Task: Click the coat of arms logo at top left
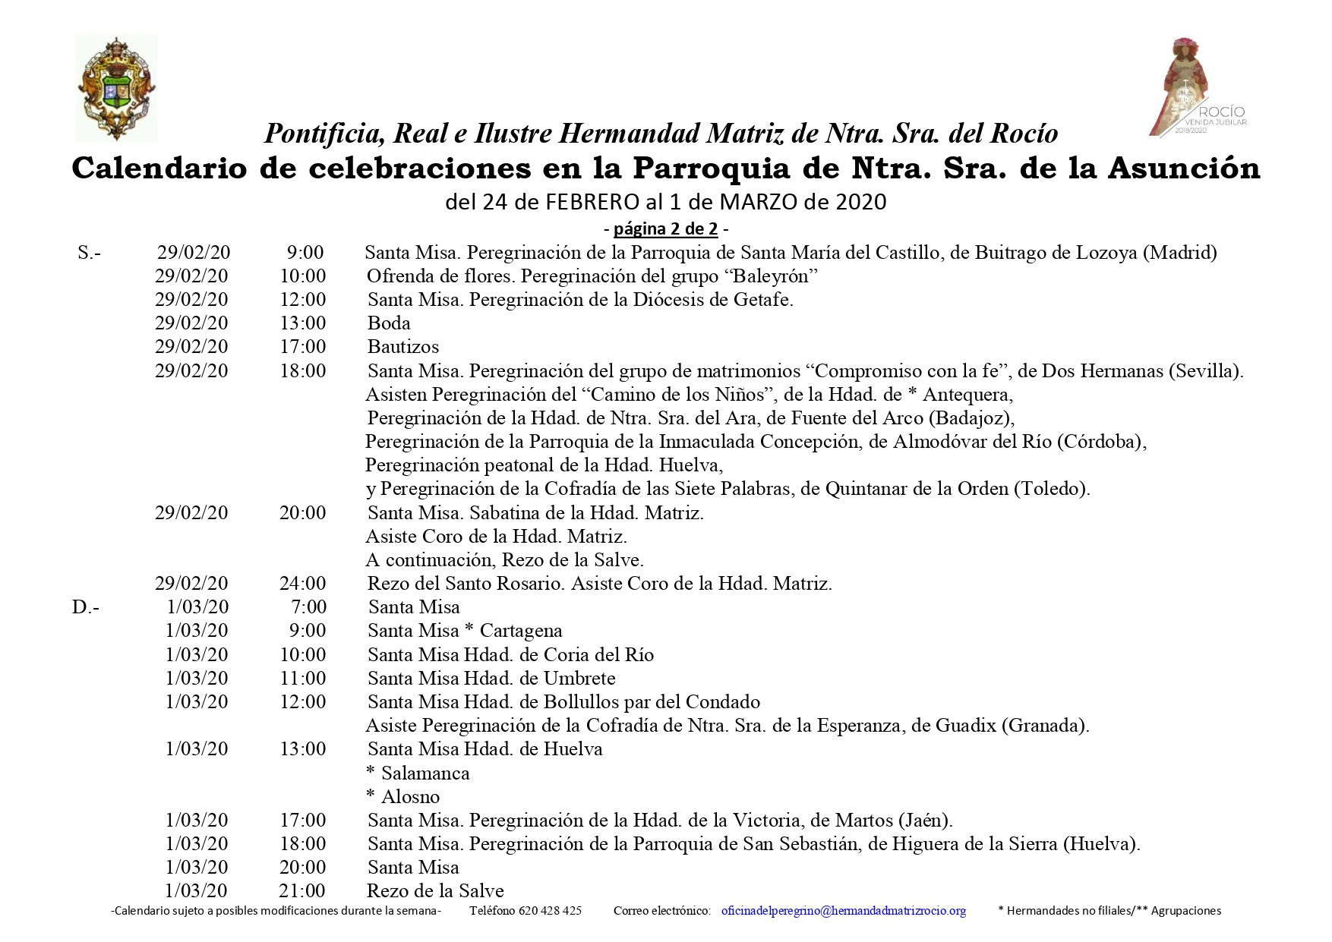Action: pyautogui.click(x=116, y=89)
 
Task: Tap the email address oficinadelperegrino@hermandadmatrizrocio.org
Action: pyautogui.click(x=843, y=911)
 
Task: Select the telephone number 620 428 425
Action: pyautogui.click(x=550, y=911)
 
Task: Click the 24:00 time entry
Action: pyautogui.click(x=302, y=584)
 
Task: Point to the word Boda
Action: pyautogui.click(x=389, y=323)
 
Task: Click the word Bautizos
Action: pyautogui.click(x=403, y=347)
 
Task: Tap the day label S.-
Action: pyautogui.click(x=89, y=253)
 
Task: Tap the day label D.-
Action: pyautogui.click(x=86, y=607)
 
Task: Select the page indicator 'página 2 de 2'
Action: pyautogui.click(x=665, y=228)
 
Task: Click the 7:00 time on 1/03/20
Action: pyautogui.click(x=308, y=607)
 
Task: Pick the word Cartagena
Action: pyautogui.click(x=521, y=631)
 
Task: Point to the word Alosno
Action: pyautogui.click(x=410, y=797)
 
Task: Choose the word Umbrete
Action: pyautogui.click(x=579, y=679)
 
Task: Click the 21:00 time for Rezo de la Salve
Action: pyautogui.click(x=302, y=891)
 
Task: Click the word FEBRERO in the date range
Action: pyautogui.click(x=592, y=202)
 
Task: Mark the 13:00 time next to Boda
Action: pyautogui.click(x=302, y=323)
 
